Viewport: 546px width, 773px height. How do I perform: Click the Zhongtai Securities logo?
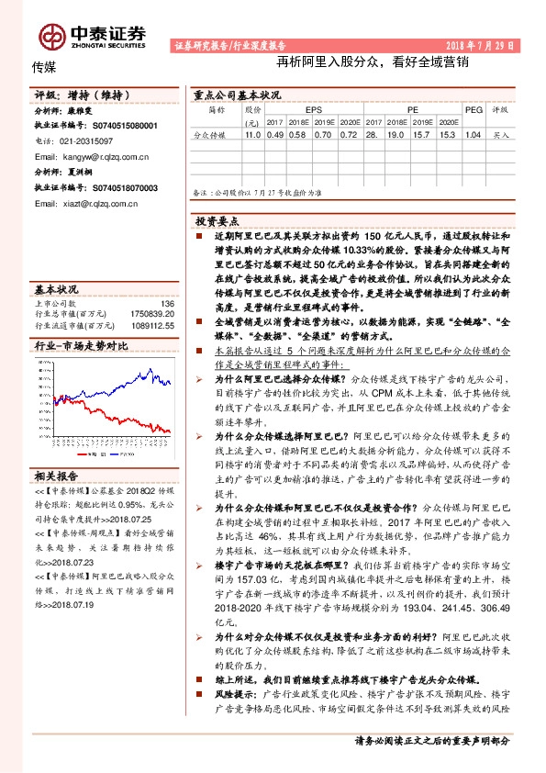[x=92, y=36]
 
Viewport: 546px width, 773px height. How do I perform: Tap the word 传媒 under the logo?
[x=45, y=68]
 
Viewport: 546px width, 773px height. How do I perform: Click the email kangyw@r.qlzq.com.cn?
[x=97, y=156]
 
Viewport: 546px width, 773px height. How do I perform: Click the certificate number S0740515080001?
[x=113, y=125]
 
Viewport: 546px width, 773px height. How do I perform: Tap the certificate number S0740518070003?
[x=113, y=187]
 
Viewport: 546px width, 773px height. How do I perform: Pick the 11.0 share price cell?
[x=252, y=134]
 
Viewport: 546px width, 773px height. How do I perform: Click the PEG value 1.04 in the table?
[x=474, y=134]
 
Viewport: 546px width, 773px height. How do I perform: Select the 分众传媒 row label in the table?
[x=209, y=134]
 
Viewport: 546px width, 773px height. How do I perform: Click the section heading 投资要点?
[x=217, y=221]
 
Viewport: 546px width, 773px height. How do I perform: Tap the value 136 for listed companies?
[x=167, y=303]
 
